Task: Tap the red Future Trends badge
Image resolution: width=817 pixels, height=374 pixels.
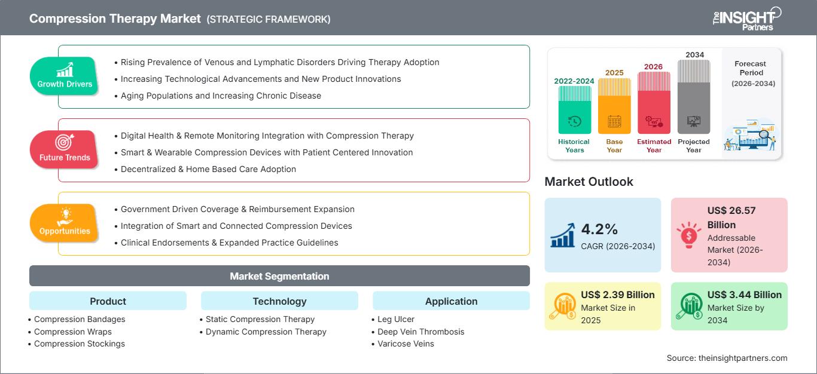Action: pyautogui.click(x=65, y=149)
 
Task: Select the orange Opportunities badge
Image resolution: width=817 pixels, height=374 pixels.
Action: pyautogui.click(x=65, y=223)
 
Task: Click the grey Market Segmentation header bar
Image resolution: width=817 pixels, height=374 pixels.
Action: pyautogui.click(x=279, y=276)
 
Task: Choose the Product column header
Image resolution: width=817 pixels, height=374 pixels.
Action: pyautogui.click(x=108, y=301)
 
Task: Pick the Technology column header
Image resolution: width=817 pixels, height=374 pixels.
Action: pyautogui.click(x=279, y=301)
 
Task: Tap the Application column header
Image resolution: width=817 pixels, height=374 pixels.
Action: pyautogui.click(x=451, y=301)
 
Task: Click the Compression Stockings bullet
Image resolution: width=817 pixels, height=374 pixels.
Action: pyautogui.click(x=80, y=344)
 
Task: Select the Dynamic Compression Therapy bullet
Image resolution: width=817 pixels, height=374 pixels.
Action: pyautogui.click(x=266, y=332)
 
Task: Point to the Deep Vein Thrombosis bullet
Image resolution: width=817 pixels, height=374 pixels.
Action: pyautogui.click(x=420, y=332)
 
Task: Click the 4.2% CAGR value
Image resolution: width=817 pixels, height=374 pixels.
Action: pyautogui.click(x=599, y=229)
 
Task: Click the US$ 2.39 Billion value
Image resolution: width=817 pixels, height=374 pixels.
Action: pyautogui.click(x=617, y=295)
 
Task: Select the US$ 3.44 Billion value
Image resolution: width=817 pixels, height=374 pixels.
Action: pyautogui.click(x=744, y=295)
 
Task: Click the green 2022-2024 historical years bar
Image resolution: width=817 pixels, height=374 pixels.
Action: pyautogui.click(x=574, y=110)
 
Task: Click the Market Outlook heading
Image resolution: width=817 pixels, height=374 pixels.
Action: pyautogui.click(x=589, y=182)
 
